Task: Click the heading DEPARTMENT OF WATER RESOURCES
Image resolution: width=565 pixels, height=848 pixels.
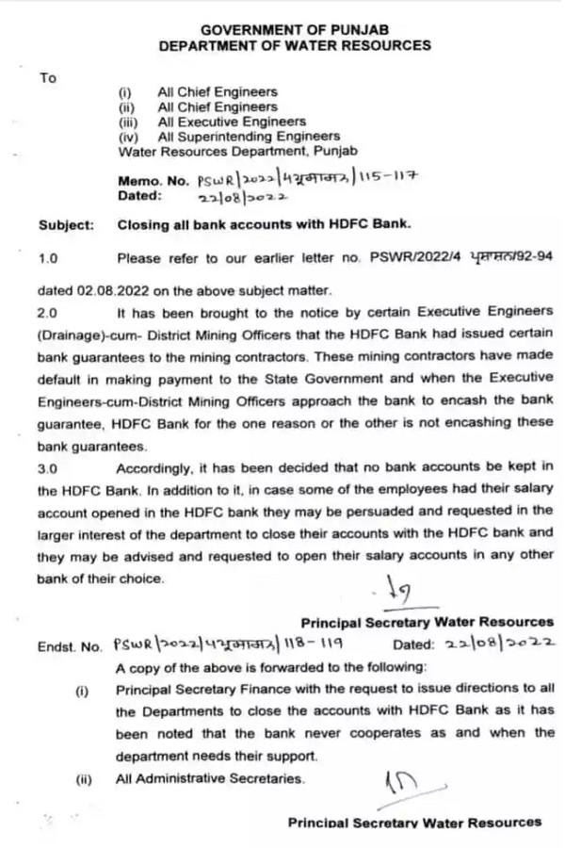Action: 295,45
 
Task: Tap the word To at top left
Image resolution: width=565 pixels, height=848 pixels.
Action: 48,78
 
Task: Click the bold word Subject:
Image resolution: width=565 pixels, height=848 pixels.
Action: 66,225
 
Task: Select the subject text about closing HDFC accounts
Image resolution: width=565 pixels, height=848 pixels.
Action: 264,225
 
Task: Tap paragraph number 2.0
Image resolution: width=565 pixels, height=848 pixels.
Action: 48,310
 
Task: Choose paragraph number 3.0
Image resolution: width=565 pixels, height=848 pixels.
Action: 48,466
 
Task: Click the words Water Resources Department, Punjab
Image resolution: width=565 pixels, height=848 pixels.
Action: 221,151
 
